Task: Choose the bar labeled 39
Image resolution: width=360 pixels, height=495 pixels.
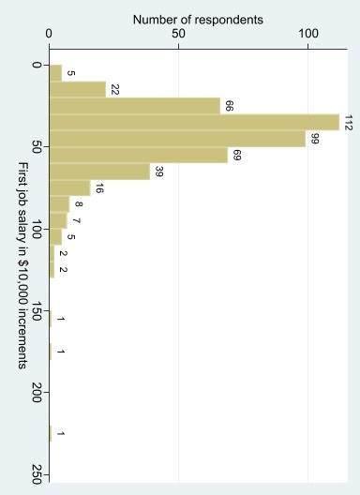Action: (99, 172)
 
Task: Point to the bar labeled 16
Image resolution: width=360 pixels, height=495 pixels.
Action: (69, 187)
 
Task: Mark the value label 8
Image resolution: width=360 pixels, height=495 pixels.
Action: (79, 203)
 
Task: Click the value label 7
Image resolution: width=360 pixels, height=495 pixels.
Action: (76, 220)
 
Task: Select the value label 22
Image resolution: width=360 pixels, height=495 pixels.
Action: (115, 89)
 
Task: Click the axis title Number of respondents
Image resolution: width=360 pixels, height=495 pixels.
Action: (198, 19)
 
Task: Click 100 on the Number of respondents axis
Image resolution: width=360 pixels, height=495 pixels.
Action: (308, 34)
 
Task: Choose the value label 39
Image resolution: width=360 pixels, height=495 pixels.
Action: (158, 172)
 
